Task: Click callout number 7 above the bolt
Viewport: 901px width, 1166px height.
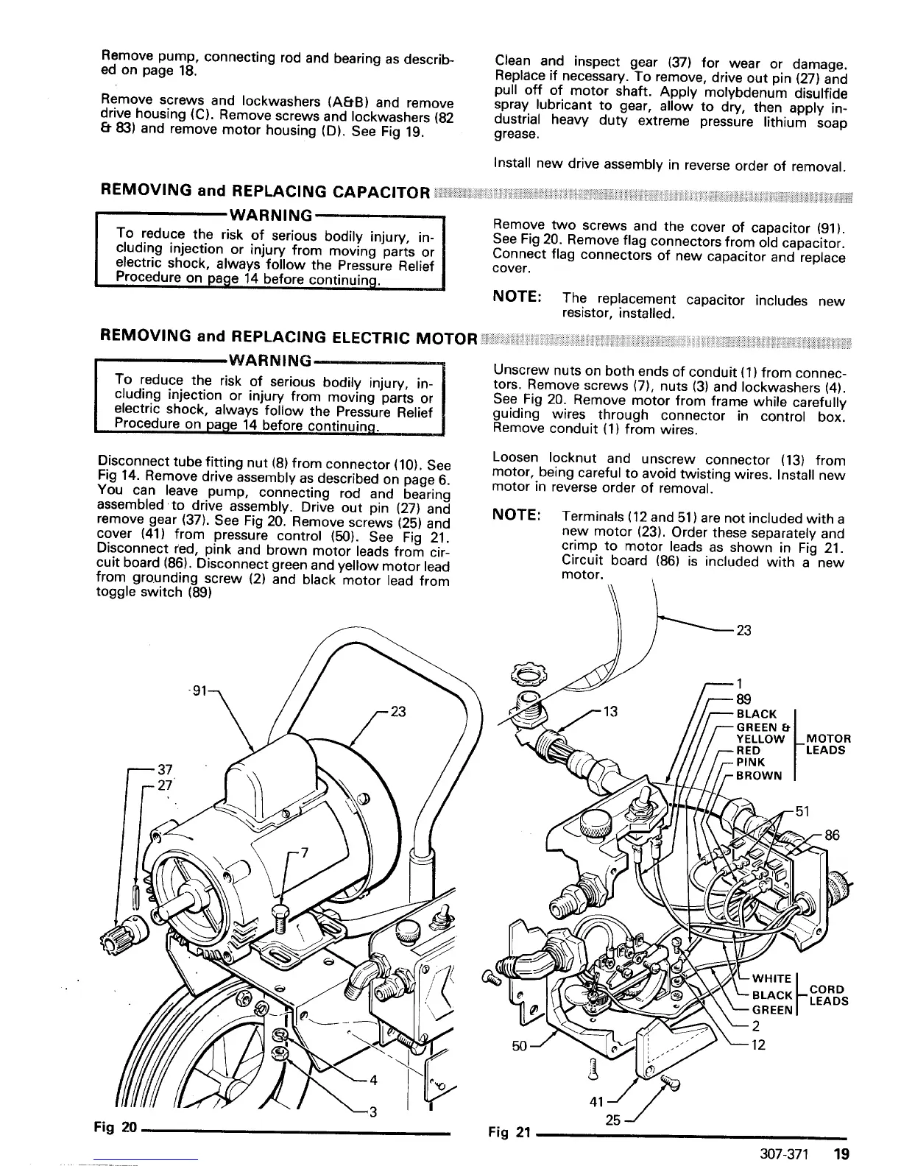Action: pos(303,853)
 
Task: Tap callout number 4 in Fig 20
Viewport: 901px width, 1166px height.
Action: pos(373,1081)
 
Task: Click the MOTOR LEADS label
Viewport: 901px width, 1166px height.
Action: pos(828,744)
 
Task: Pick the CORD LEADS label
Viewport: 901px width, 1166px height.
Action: pos(828,994)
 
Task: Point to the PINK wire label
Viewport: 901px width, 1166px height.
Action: pos(750,762)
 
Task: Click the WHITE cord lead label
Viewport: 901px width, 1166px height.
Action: pos(771,978)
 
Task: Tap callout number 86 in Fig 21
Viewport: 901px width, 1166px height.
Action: pos(832,835)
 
